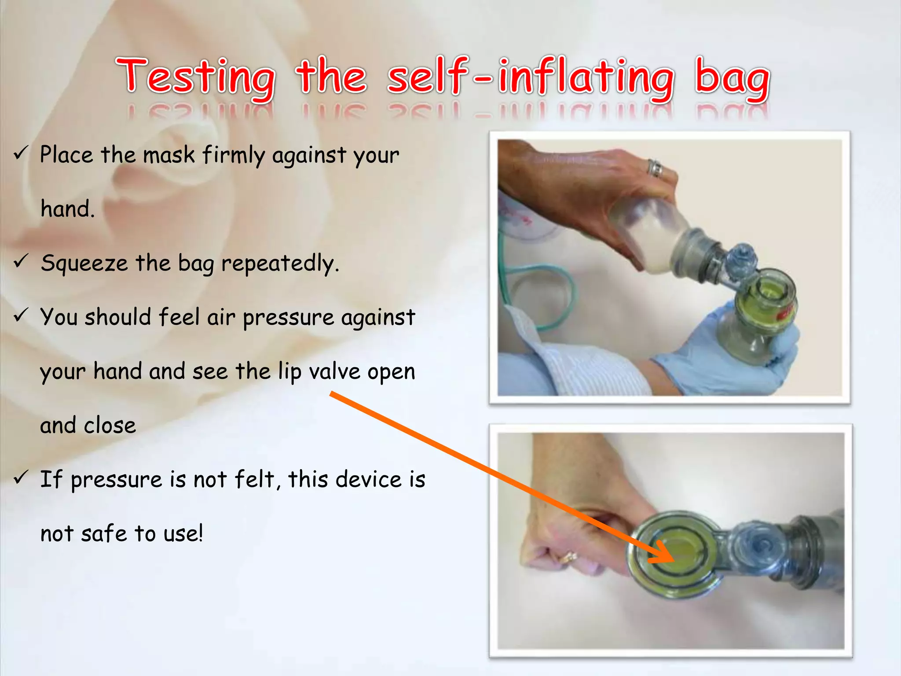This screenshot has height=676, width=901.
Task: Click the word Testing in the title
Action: click(x=196, y=77)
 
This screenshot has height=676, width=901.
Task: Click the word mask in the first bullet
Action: click(x=168, y=155)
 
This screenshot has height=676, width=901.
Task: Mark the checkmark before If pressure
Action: click(x=21, y=477)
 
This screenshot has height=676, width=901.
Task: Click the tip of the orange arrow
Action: click(x=673, y=560)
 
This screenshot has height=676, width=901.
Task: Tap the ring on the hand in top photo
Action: click(x=655, y=168)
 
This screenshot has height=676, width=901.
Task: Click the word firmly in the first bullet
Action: click(x=234, y=155)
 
